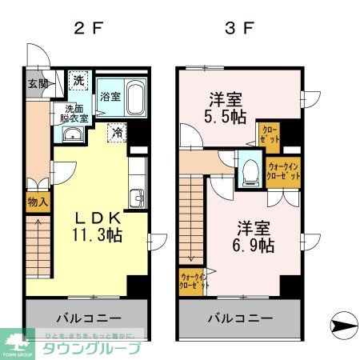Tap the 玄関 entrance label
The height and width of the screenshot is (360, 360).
[x=37, y=84]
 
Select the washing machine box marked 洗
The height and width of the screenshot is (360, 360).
[x=79, y=82]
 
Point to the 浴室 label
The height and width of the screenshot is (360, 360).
[x=110, y=98]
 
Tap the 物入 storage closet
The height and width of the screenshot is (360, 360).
[x=37, y=202]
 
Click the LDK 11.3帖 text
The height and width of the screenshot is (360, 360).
[x=98, y=226]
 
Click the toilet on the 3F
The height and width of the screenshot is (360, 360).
[x=250, y=170]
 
